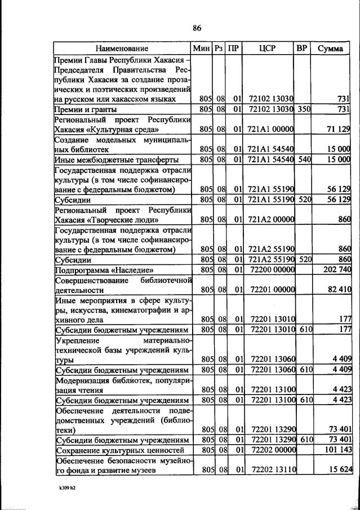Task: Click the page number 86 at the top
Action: pyautogui.click(x=197, y=29)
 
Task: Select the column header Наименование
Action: pyautogui.click(x=122, y=48)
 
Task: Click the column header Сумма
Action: pyautogui.click(x=330, y=48)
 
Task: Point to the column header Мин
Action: pyautogui.click(x=201, y=48)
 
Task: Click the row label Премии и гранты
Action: pyautogui.click(x=85, y=109)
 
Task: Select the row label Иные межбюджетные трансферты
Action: pyautogui.click(x=116, y=160)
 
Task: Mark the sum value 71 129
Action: pyautogui.click(x=339, y=130)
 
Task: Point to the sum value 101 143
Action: pyautogui.click(x=337, y=451)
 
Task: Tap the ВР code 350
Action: pyautogui.click(x=305, y=109)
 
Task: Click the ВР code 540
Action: pyautogui.click(x=305, y=160)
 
